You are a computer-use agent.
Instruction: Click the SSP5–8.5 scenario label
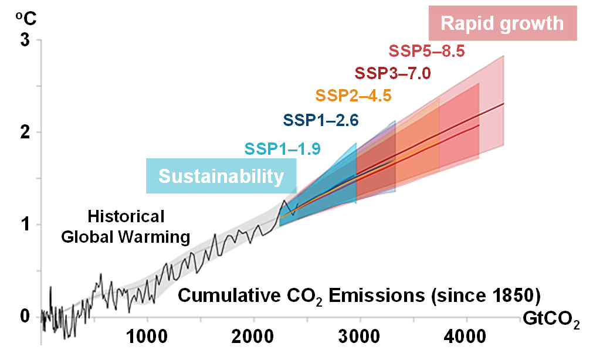[426, 52]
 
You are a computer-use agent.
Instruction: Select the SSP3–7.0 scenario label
[392, 73]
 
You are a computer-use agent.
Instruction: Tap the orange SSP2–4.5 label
[353, 96]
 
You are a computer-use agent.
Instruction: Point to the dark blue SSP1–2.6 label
[321, 120]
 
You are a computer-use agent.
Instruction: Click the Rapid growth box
[502, 23]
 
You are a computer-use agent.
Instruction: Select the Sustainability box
[221, 176]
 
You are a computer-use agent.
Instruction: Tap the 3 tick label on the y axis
[25, 40]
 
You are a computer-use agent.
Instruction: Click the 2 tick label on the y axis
[25, 132]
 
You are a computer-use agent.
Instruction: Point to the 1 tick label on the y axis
[25, 224]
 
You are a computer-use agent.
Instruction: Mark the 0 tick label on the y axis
[25, 316]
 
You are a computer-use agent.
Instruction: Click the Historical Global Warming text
[126, 227]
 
